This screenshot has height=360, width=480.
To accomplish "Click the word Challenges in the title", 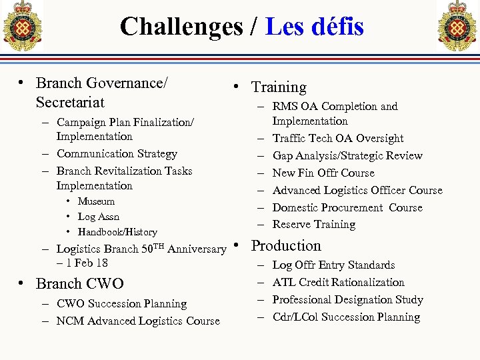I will click(181, 27).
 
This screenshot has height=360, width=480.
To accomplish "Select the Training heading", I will click(279, 87).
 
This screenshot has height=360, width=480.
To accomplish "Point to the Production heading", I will click(286, 246).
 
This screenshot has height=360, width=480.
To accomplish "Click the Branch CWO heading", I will click(79, 284).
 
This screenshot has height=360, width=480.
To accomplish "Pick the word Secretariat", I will click(70, 103).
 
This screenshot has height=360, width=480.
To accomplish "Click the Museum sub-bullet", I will click(96, 201).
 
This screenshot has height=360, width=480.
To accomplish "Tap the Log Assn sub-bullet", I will click(99, 217).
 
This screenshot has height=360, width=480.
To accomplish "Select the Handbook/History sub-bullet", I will click(117, 232).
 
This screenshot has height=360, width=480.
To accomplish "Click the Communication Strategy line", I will click(117, 154).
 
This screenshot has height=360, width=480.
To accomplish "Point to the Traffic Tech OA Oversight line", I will click(338, 139).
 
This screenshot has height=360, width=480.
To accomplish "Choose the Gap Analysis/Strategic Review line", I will click(347, 156).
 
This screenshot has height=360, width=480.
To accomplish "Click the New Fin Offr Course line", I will click(323, 173).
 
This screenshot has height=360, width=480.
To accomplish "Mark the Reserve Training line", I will click(314, 225).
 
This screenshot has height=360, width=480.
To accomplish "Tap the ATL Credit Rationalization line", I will click(338, 283).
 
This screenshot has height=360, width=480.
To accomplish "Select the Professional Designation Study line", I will click(347, 300).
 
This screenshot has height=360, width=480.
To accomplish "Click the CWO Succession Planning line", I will click(121, 304).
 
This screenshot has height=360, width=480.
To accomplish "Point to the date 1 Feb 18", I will click(82, 263).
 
